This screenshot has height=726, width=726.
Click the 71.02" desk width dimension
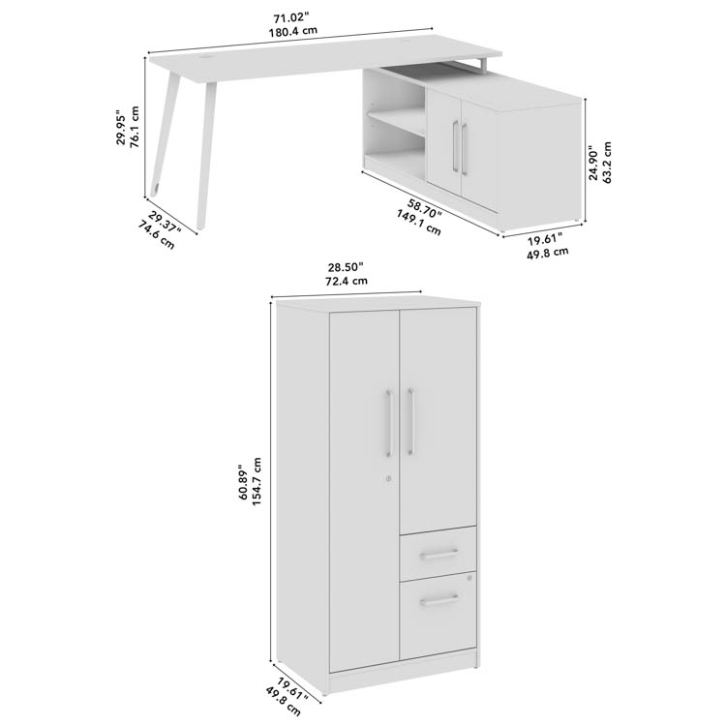click(x=290, y=18)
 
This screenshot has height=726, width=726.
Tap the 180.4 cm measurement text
click(x=293, y=32)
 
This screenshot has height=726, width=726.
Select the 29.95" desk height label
click(x=120, y=128)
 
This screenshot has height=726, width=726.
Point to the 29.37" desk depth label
click(x=166, y=222)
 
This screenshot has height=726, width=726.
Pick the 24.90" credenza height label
click(x=593, y=162)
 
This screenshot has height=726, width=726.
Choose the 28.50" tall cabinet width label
click(x=346, y=267)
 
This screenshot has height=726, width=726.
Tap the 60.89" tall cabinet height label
click(x=244, y=482)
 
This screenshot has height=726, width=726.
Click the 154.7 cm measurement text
click(x=257, y=482)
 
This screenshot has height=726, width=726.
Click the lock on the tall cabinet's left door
click(x=388, y=479)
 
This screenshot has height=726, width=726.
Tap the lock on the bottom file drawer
click(x=469, y=578)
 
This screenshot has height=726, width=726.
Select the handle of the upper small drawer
click(x=439, y=554)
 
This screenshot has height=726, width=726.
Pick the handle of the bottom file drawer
click(x=439, y=600)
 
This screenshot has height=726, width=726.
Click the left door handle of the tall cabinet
click(x=389, y=423)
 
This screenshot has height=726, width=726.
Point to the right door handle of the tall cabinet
click(x=410, y=421)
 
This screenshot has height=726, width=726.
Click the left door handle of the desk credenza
click(x=456, y=147)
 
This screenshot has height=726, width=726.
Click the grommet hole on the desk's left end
click(x=204, y=58)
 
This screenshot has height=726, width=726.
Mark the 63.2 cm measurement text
click(x=607, y=162)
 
